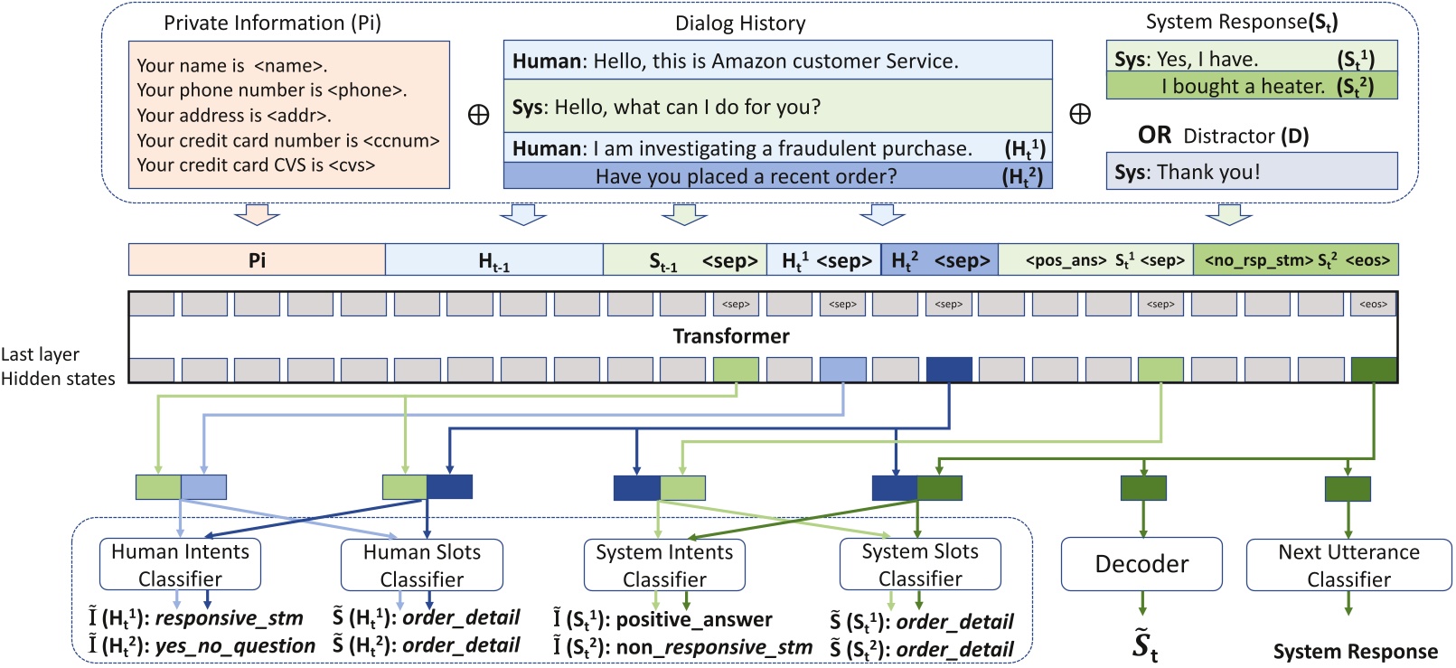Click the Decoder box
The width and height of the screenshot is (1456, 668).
pos(1141,564)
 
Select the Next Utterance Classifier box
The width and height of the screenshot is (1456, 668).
pos(1348,565)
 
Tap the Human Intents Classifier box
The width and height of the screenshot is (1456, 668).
pos(180,565)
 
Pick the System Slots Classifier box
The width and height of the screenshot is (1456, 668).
pos(919,565)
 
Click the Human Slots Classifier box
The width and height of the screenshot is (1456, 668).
pos(421,565)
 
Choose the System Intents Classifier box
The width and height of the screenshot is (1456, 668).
pos(664,565)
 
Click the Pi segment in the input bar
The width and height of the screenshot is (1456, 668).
pos(257,260)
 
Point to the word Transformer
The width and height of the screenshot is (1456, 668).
pos(730,336)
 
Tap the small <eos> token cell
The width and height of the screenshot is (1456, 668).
pos(1373,305)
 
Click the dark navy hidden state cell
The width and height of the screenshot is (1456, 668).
pos(949,370)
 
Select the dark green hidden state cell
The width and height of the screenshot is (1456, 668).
pos(1373,370)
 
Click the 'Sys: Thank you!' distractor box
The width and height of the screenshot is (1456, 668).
pos(1251,172)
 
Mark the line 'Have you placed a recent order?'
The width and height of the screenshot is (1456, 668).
pos(746,176)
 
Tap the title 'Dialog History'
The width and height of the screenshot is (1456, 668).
pos(740,24)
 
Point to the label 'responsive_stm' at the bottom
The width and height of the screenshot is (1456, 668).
pos(229,619)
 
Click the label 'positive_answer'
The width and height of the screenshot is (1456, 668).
pos(693,620)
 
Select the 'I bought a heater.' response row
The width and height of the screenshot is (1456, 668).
pos(1251,87)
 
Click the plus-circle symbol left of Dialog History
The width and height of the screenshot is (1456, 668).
pos(478,115)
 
